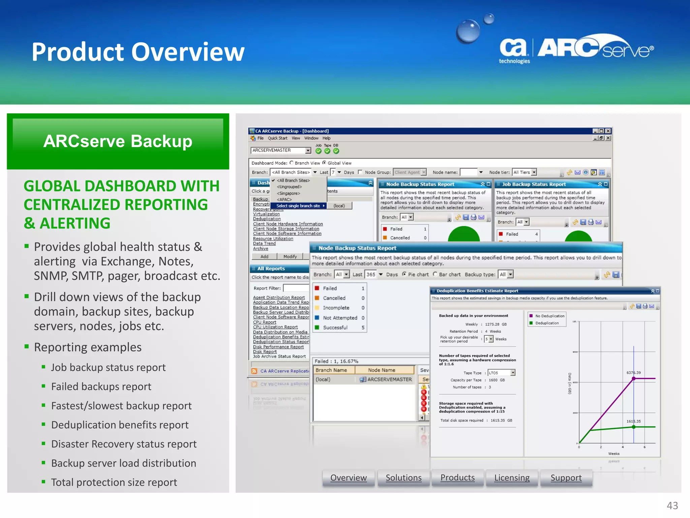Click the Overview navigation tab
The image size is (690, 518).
pyautogui.click(x=348, y=478)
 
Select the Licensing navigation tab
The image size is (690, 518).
pyautogui.click(x=512, y=478)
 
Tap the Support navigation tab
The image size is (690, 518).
pyautogui.click(x=566, y=478)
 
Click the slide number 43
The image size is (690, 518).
pyautogui.click(x=672, y=506)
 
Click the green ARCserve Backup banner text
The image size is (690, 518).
pyautogui.click(x=118, y=141)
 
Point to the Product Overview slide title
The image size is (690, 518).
pyautogui.click(x=138, y=52)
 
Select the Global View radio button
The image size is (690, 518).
pyautogui.click(x=324, y=163)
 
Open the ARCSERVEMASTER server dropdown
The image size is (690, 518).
pyautogui.click(x=308, y=150)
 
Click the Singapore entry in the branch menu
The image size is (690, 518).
pyautogui.click(x=288, y=193)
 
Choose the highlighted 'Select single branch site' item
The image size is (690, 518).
pyautogui.click(x=298, y=206)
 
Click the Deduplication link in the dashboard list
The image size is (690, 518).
pyautogui.click(x=267, y=219)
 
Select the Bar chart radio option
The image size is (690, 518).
pyautogui.click(x=435, y=274)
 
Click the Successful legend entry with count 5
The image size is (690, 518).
pyautogui.click(x=335, y=327)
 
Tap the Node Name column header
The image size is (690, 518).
pyautogui.click(x=381, y=370)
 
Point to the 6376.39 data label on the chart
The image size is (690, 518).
pyautogui.click(x=633, y=373)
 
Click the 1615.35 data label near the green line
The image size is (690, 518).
pyautogui.click(x=633, y=421)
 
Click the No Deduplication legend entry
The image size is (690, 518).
pyautogui.click(x=550, y=316)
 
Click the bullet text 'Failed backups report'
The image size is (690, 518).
pyautogui.click(x=101, y=386)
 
